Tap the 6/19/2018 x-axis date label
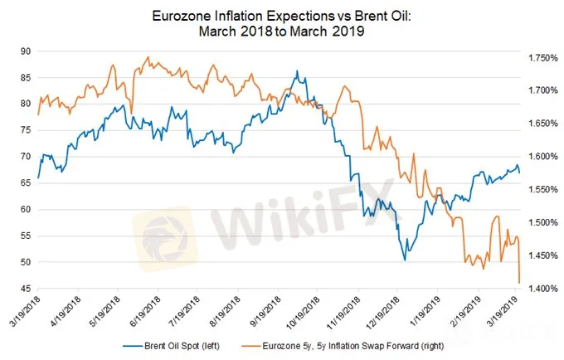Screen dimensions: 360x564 click(143, 309)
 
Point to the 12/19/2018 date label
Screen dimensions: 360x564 click(381, 309)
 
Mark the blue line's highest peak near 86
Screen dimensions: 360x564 click(296, 71)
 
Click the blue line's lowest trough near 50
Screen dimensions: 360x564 click(405, 260)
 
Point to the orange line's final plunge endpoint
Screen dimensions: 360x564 click(519, 283)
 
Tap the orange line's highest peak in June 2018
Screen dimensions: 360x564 click(147, 57)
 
